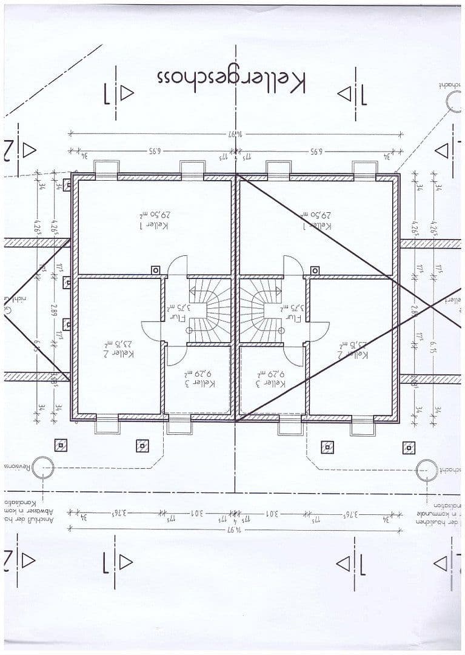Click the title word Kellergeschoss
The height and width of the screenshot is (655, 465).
(231, 79)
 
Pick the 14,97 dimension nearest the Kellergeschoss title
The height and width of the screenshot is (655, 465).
(235, 133)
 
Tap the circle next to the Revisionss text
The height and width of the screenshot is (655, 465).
(43, 467)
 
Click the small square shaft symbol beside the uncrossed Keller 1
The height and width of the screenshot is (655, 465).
(155, 270)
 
